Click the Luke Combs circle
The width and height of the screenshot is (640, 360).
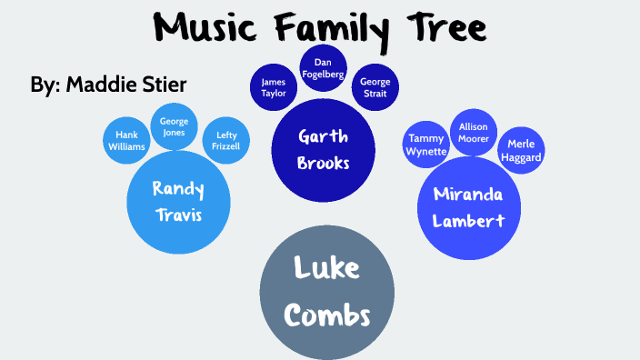click(x=327, y=291)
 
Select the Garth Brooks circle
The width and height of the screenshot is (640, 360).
click(x=324, y=150)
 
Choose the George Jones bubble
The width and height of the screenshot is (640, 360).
click(x=174, y=126)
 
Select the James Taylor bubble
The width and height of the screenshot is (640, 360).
click(x=273, y=87)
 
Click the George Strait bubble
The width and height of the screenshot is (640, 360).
click(x=369, y=87)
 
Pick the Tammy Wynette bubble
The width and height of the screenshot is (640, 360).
click(x=426, y=145)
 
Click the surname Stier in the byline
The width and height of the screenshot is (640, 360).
click(x=165, y=85)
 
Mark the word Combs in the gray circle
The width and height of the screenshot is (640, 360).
click(x=327, y=315)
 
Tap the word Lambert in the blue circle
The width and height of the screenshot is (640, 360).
click(x=464, y=220)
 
